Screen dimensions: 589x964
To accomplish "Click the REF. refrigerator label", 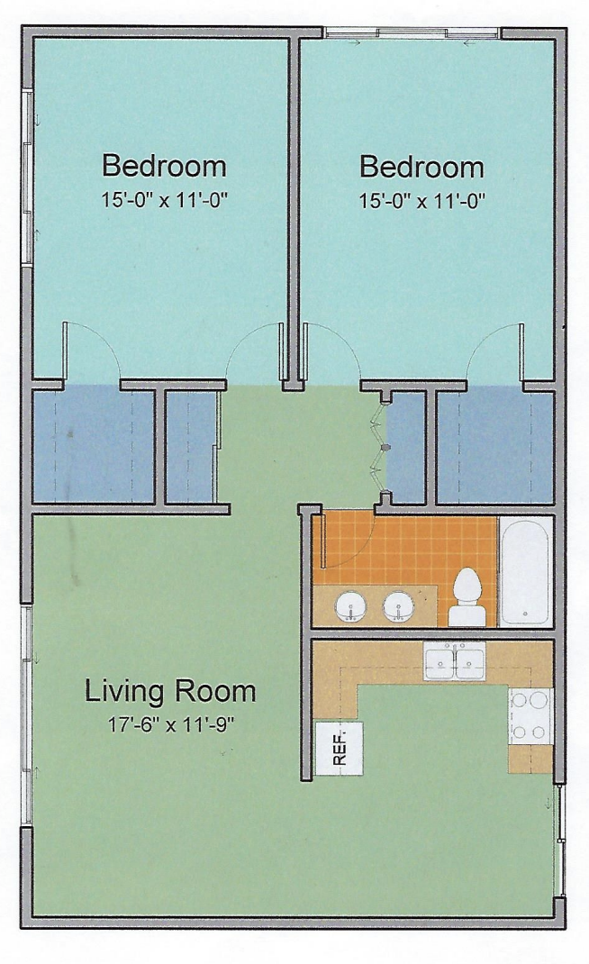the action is click(x=340, y=748).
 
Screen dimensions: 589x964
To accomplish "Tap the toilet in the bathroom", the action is click(x=467, y=597).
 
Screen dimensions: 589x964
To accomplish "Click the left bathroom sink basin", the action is click(x=351, y=607).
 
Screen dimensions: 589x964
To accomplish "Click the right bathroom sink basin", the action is click(x=398, y=607).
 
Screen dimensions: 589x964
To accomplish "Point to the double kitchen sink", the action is click(x=454, y=660).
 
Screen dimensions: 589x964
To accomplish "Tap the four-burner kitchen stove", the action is click(x=530, y=716).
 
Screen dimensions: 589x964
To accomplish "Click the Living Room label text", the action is click(x=169, y=691).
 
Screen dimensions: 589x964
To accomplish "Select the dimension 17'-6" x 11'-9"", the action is click(x=172, y=725).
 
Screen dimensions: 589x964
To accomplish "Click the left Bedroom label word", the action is click(x=164, y=166).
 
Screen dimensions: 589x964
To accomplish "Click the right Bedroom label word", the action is click(x=421, y=167).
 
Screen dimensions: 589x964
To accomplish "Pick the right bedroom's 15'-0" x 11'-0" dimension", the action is click(x=422, y=201).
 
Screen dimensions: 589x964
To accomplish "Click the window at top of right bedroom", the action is click(x=412, y=34).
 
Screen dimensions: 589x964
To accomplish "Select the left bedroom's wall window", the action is click(x=28, y=177).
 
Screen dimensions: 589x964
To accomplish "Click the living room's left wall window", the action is click(x=26, y=717).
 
